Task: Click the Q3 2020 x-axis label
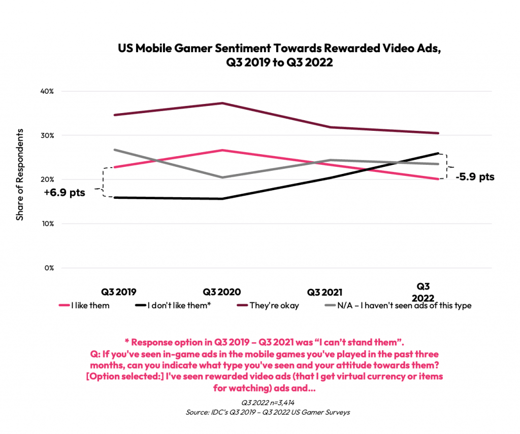[x=221, y=292]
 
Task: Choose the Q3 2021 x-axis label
[x=325, y=292]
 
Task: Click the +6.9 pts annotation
[x=64, y=193]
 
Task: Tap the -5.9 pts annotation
[x=474, y=177]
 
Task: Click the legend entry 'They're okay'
[x=269, y=305]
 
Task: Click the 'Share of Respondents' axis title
[x=20, y=174]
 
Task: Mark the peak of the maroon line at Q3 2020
[x=221, y=103]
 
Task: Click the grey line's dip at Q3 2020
[x=221, y=177]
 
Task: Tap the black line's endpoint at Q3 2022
[x=439, y=153]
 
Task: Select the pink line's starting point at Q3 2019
[x=115, y=167]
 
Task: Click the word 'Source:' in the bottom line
[x=198, y=412]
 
